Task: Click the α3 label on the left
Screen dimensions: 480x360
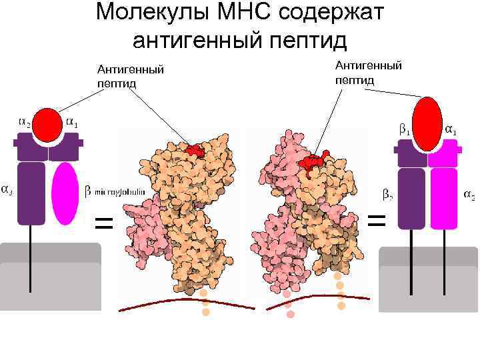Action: coord(5,189)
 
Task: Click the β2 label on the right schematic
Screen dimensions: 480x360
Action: coord(387,195)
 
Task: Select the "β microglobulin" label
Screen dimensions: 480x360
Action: coord(115,193)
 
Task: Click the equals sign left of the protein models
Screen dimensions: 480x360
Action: coord(104,222)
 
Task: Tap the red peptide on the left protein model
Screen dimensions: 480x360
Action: coord(194,149)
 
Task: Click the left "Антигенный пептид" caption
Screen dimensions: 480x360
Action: coord(131,77)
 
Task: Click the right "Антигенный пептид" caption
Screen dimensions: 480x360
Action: coord(368,72)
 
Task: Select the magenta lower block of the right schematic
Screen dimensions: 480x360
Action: coord(443,198)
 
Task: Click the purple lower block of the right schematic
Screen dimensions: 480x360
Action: coord(411,198)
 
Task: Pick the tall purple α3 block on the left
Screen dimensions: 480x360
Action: coord(31,193)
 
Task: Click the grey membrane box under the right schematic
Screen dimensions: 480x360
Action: coord(427,280)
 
